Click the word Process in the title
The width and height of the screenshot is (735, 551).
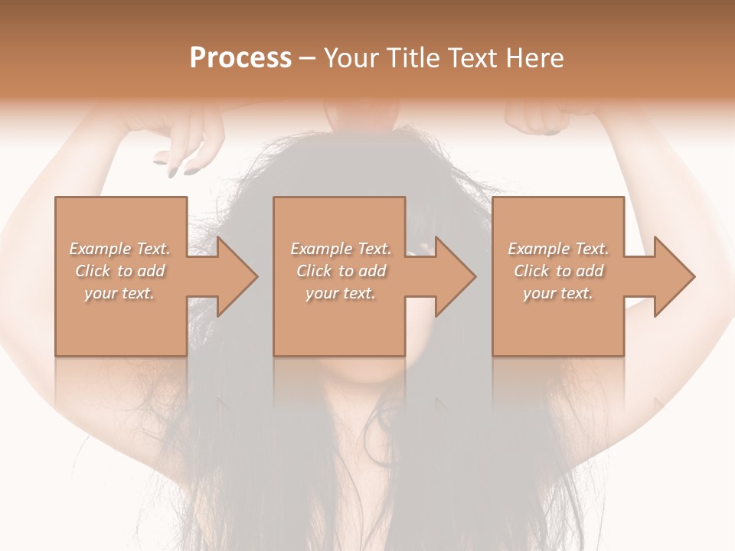(240, 58)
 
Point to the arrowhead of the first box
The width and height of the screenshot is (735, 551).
(237, 276)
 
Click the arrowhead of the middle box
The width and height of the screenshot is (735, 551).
(456, 276)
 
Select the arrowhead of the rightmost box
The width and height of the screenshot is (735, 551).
(675, 276)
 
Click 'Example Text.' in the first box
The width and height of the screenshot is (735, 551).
(119, 249)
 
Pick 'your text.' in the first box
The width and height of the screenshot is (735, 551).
(119, 293)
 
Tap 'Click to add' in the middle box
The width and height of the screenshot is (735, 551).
(341, 271)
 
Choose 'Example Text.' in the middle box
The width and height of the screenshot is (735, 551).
(341, 249)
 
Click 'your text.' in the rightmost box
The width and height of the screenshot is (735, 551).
(558, 293)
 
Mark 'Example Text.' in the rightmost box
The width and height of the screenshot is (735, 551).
(558, 249)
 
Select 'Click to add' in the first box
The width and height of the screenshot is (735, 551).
(119, 271)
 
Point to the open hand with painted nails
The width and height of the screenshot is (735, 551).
(184, 142)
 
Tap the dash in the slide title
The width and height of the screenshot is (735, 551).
(308, 58)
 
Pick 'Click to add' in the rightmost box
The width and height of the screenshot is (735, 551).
(558, 271)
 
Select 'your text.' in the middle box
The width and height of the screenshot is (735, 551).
(341, 293)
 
